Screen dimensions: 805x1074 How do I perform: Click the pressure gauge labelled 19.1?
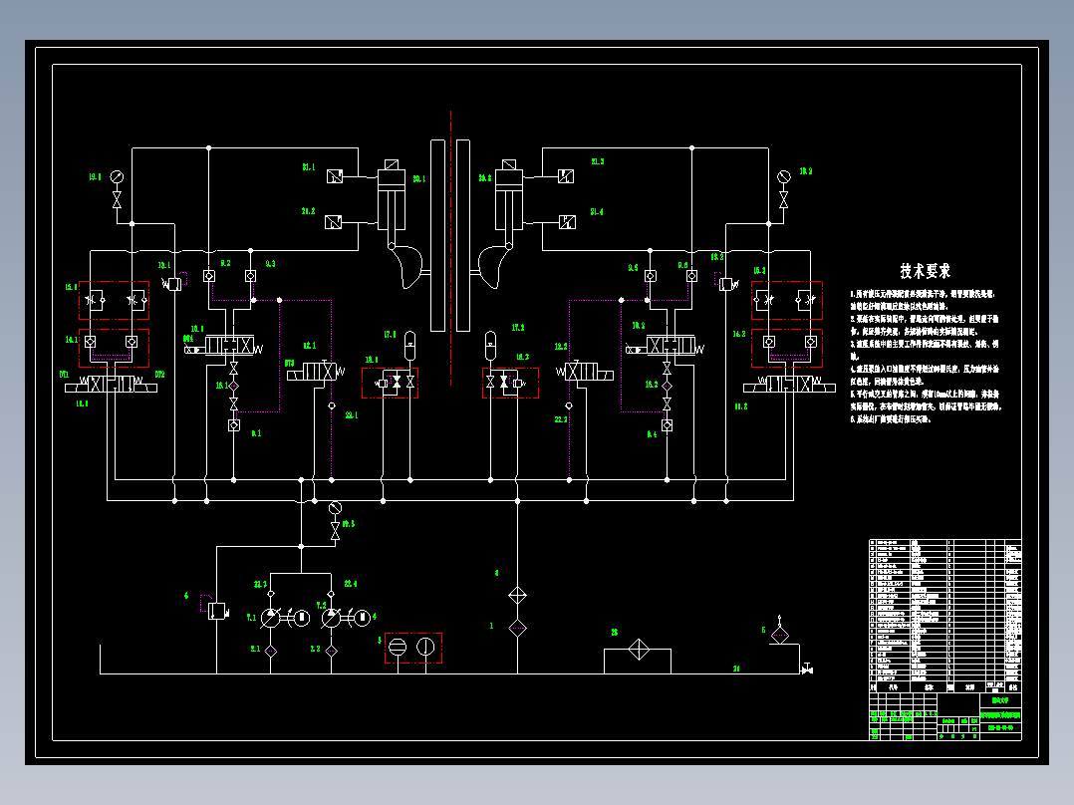tap(118, 176)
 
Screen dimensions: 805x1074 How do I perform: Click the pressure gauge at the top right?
tap(783, 176)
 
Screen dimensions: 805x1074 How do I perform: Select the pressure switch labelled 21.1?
tap(335, 176)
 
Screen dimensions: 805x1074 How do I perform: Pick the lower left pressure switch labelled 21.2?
tap(335, 221)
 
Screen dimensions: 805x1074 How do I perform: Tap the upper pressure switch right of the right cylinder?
tap(566, 176)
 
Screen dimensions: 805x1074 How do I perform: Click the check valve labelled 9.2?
tap(209, 276)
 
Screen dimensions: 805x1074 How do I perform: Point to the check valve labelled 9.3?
tap(252, 276)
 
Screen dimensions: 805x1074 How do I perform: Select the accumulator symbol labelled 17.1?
tap(408, 345)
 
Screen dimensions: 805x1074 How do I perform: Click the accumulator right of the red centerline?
tap(489, 345)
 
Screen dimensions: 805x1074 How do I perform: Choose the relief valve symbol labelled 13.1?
tap(174, 283)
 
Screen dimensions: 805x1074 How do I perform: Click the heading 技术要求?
tap(926, 270)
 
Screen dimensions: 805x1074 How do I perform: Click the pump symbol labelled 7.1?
tap(271, 619)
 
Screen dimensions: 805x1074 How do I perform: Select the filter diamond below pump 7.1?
tap(270, 650)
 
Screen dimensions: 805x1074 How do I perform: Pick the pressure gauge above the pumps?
tap(335, 507)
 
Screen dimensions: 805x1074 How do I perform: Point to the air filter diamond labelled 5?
tap(780, 634)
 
